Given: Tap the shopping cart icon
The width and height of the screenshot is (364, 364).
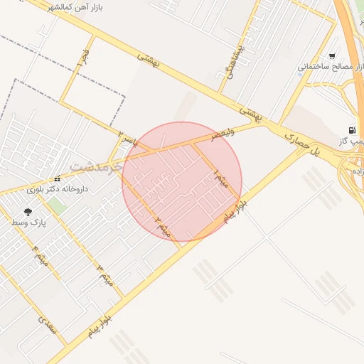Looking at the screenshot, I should pos(332,56).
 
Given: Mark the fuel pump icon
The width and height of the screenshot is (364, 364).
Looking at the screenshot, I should pos(351,130).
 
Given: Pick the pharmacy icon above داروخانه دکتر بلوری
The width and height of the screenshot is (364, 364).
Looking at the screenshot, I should pos(57,179).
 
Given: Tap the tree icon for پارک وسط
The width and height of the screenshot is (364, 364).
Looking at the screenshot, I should pos(28,212).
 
